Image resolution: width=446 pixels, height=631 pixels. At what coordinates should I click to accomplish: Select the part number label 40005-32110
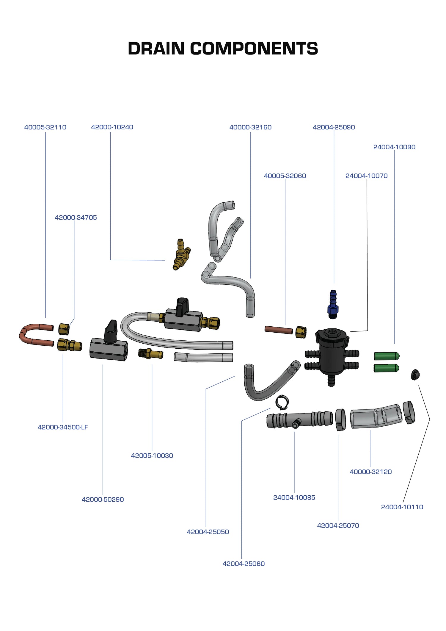(45, 127)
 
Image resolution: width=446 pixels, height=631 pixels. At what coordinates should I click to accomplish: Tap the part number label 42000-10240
(112, 127)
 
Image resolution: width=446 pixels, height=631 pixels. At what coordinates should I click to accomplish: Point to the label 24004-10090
(394, 147)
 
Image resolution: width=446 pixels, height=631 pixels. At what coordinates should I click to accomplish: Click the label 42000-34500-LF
(63, 427)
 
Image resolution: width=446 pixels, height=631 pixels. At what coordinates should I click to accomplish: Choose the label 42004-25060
(244, 564)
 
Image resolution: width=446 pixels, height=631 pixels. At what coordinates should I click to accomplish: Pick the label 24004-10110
(402, 507)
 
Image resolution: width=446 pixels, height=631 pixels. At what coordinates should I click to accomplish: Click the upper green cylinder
(386, 356)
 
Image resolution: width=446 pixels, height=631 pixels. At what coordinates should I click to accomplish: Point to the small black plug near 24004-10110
(415, 375)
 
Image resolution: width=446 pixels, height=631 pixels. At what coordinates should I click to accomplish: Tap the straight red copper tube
(279, 330)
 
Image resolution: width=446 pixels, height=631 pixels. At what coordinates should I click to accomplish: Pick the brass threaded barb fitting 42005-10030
(150, 354)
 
